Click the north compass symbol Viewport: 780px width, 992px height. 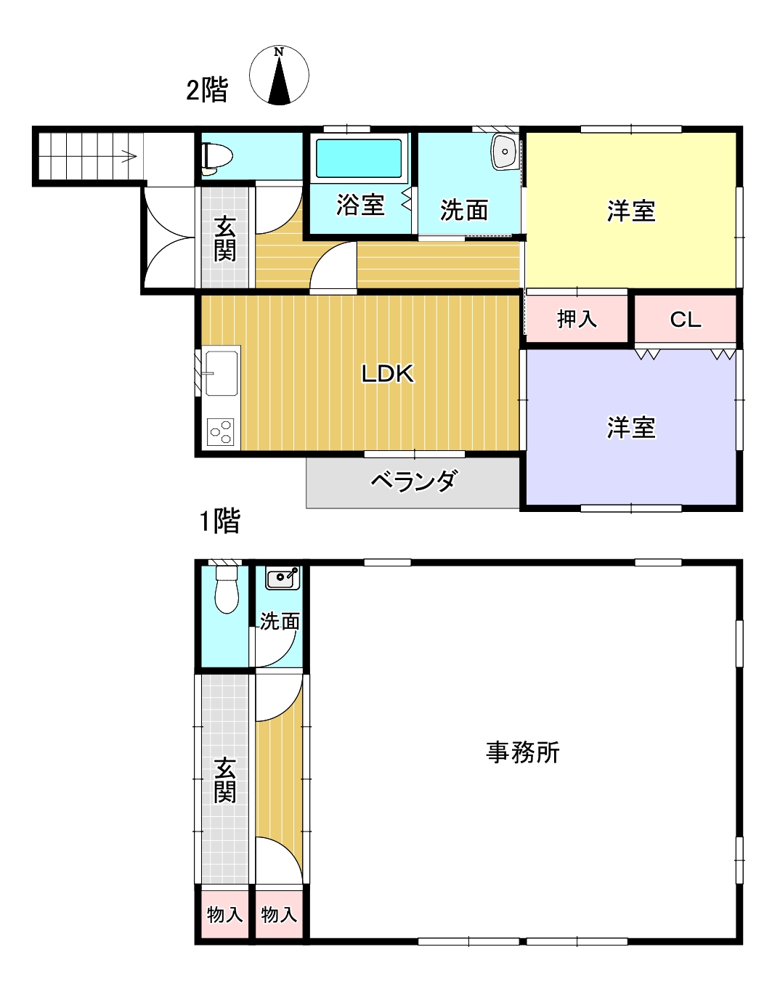point(279,76)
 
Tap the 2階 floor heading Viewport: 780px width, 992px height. point(207,90)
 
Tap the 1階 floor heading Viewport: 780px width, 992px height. point(219,521)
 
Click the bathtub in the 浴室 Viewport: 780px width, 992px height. point(359,158)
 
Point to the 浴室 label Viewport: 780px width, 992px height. point(359,205)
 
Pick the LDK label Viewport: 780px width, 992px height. point(388,373)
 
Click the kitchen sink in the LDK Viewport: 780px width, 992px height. point(221,373)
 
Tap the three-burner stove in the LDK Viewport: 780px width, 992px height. point(221,431)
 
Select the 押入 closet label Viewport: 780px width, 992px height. point(577,319)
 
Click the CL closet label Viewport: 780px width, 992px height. point(685,320)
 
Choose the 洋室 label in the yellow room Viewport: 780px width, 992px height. point(631,211)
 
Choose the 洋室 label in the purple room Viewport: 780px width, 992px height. point(631,428)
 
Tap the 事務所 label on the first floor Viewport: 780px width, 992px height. point(523,752)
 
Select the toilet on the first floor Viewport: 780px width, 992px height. point(227,592)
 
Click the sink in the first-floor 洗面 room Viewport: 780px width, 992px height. point(282,579)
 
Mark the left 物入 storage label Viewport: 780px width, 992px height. point(224,914)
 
